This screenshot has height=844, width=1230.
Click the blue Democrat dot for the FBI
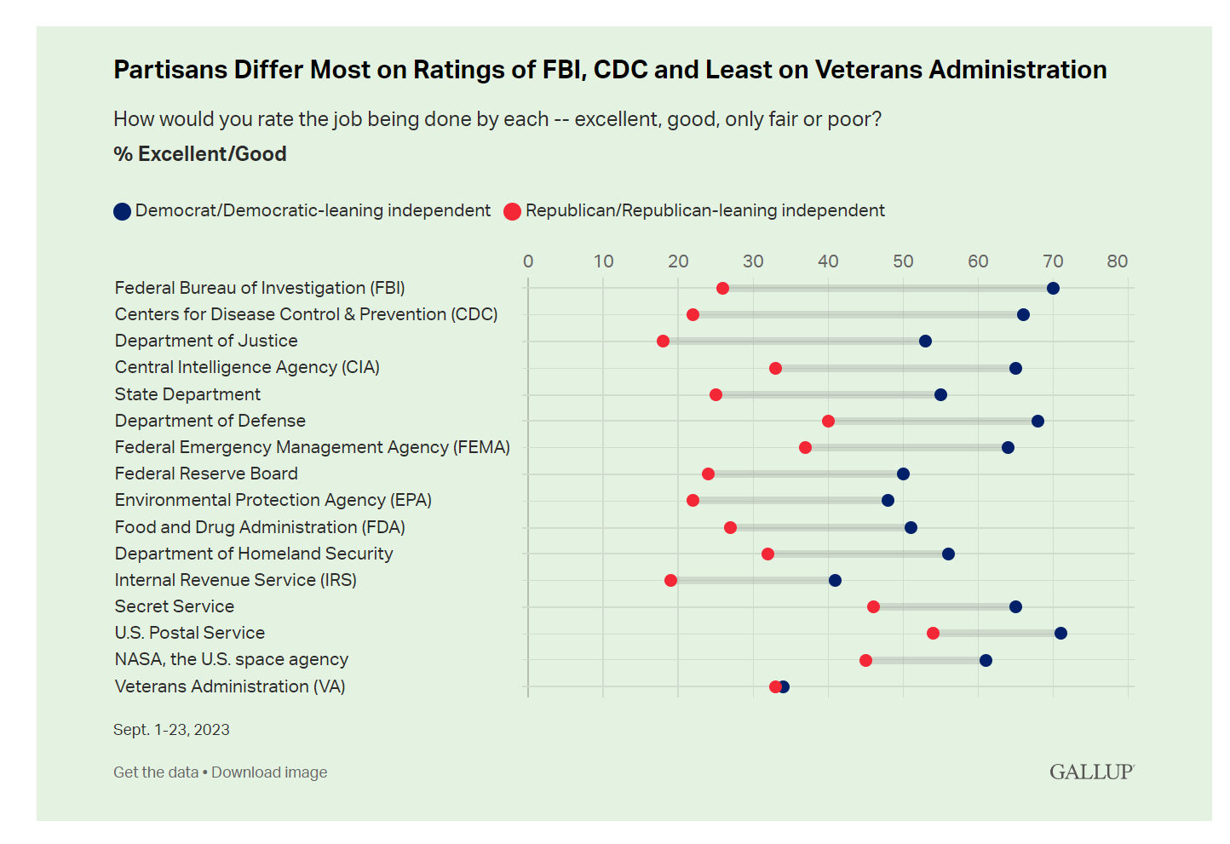point(1053,288)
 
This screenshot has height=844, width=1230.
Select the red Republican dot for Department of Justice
point(663,342)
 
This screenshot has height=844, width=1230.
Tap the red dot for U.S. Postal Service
point(933,633)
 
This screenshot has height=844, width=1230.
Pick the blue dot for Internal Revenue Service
point(835,580)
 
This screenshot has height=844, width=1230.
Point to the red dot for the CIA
point(775,368)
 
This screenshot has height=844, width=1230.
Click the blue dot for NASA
point(986,660)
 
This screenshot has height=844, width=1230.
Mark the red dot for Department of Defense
point(828,421)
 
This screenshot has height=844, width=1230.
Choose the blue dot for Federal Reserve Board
point(903,474)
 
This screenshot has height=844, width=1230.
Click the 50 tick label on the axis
point(903,261)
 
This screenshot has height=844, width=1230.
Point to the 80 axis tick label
point(1118,261)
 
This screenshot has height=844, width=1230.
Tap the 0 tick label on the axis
point(528,261)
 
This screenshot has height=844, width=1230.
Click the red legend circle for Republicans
point(512,211)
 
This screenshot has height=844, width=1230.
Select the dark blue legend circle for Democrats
point(122,211)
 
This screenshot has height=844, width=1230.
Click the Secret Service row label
point(175,606)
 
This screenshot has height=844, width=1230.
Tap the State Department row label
point(187,394)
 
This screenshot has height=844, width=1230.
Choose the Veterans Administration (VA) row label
point(230,686)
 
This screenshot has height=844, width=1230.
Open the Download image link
point(269,772)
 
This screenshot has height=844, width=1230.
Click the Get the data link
point(156,772)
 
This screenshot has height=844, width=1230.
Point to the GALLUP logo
point(1091,772)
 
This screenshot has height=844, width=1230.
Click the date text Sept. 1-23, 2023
point(171,730)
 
